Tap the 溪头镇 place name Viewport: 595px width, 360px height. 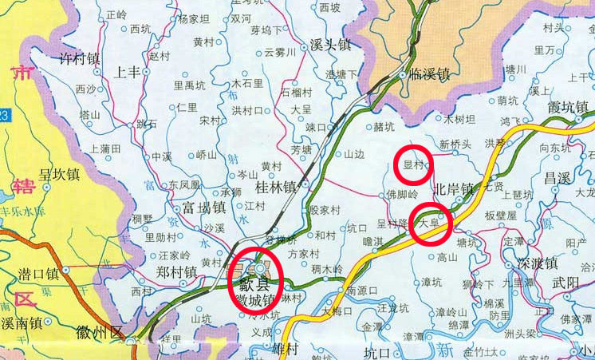point(330,45)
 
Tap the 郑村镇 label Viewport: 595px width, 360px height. point(176,272)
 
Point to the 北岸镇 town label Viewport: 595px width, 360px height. point(454,190)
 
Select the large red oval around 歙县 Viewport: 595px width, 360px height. point(256,281)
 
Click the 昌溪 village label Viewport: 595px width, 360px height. point(558,176)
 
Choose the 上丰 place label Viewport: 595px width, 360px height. point(129,72)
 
